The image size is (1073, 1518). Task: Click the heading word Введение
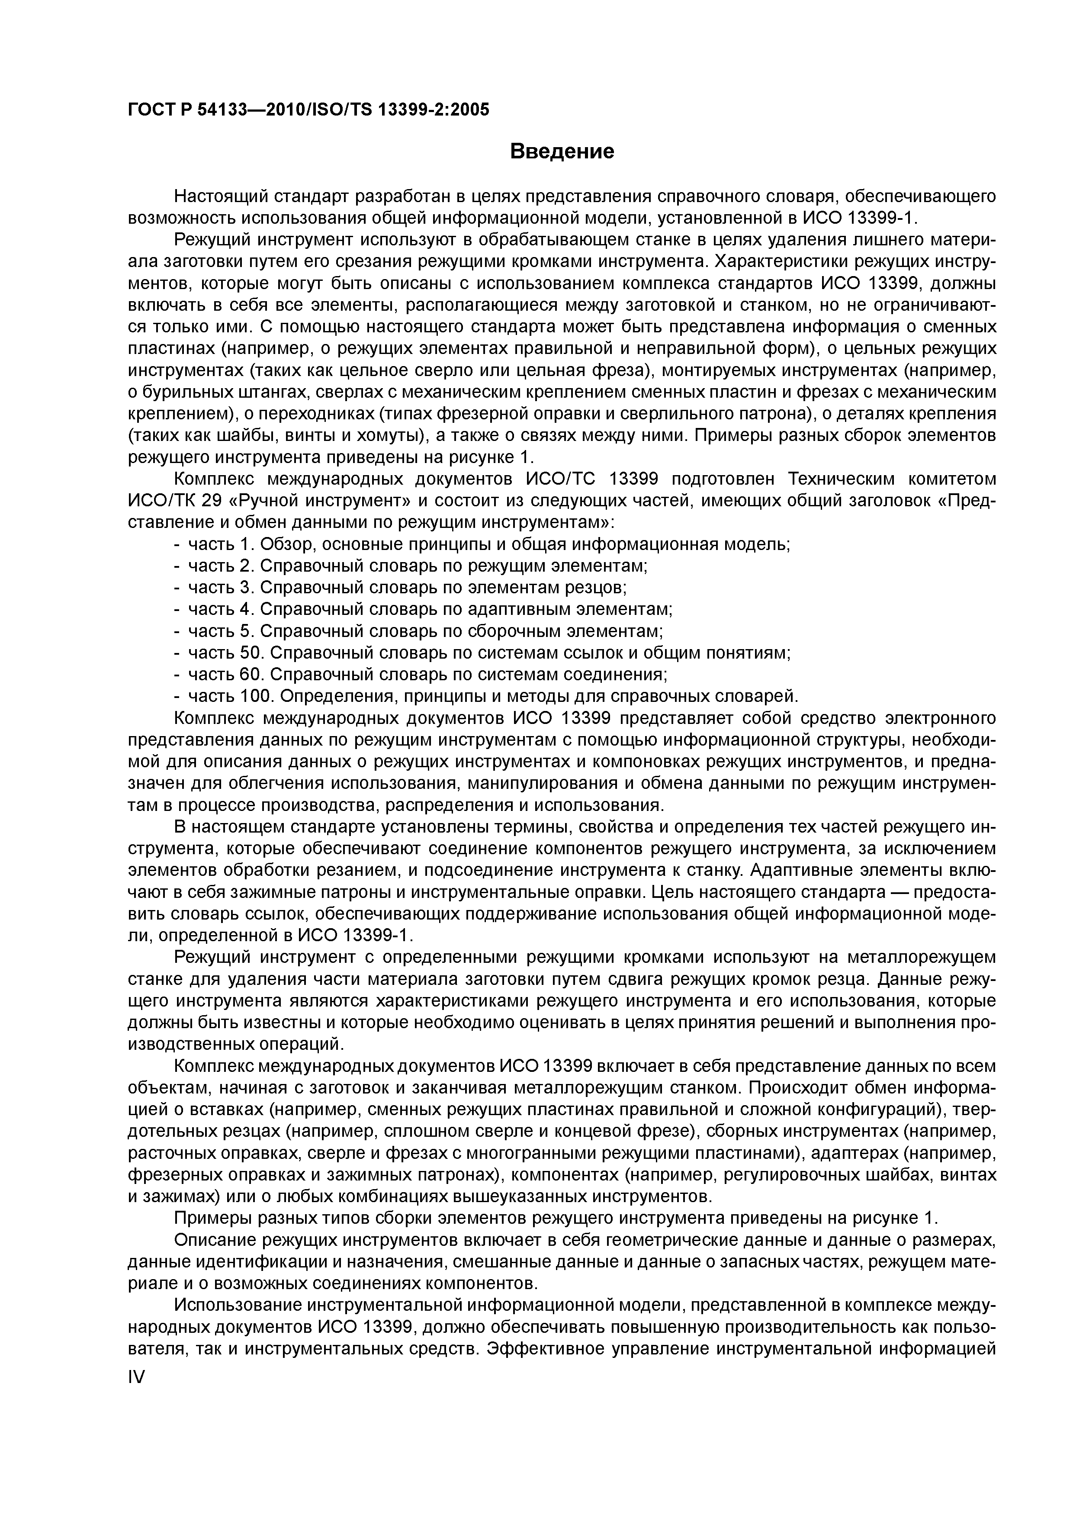point(562,152)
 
